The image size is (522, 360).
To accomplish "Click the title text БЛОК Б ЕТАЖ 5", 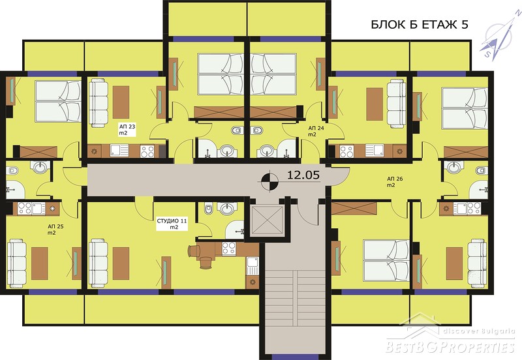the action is point(420,25).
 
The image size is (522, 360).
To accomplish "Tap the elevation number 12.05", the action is point(303,175).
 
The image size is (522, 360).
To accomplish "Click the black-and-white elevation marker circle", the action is point(269,181).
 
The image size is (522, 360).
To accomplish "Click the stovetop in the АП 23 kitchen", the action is point(147,151).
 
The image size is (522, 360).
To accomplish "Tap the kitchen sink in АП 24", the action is point(374,151).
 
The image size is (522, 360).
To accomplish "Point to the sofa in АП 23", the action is point(99,103).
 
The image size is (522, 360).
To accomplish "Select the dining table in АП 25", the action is point(40,263).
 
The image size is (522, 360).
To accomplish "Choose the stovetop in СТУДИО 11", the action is point(229,248).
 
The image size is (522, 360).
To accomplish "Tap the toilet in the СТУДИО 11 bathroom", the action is point(209,209).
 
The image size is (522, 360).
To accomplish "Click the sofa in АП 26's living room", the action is point(477,263).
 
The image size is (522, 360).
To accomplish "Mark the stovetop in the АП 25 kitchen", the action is point(25,209).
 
